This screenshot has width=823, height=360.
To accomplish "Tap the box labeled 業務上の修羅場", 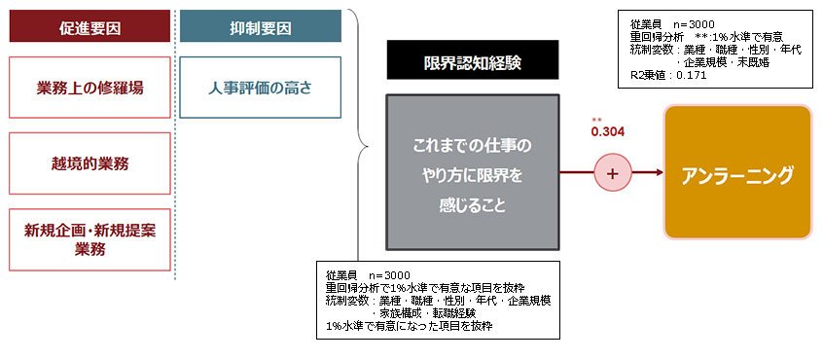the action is pyautogui.click(x=89, y=88).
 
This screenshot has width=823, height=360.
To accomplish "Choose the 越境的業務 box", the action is pyautogui.click(x=89, y=163).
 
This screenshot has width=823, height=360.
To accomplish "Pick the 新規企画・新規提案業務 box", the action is pyautogui.click(x=89, y=239).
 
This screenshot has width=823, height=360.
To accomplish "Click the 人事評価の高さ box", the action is pyautogui.click(x=261, y=88).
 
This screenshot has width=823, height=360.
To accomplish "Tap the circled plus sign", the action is pyautogui.click(x=613, y=172).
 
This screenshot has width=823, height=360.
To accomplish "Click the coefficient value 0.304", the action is pyautogui.click(x=608, y=132).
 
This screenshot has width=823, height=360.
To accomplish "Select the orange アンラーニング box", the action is pyautogui.click(x=737, y=172).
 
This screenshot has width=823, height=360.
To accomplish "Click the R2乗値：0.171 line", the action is pyautogui.click(x=668, y=75).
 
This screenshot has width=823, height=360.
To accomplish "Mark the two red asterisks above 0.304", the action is pyautogui.click(x=596, y=120).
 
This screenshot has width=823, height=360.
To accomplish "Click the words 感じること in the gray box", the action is pyautogui.click(x=473, y=205).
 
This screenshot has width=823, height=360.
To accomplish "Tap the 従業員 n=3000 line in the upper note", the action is pyautogui.click(x=672, y=24).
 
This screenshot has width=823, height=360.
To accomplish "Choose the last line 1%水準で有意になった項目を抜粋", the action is pyautogui.click(x=410, y=325).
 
